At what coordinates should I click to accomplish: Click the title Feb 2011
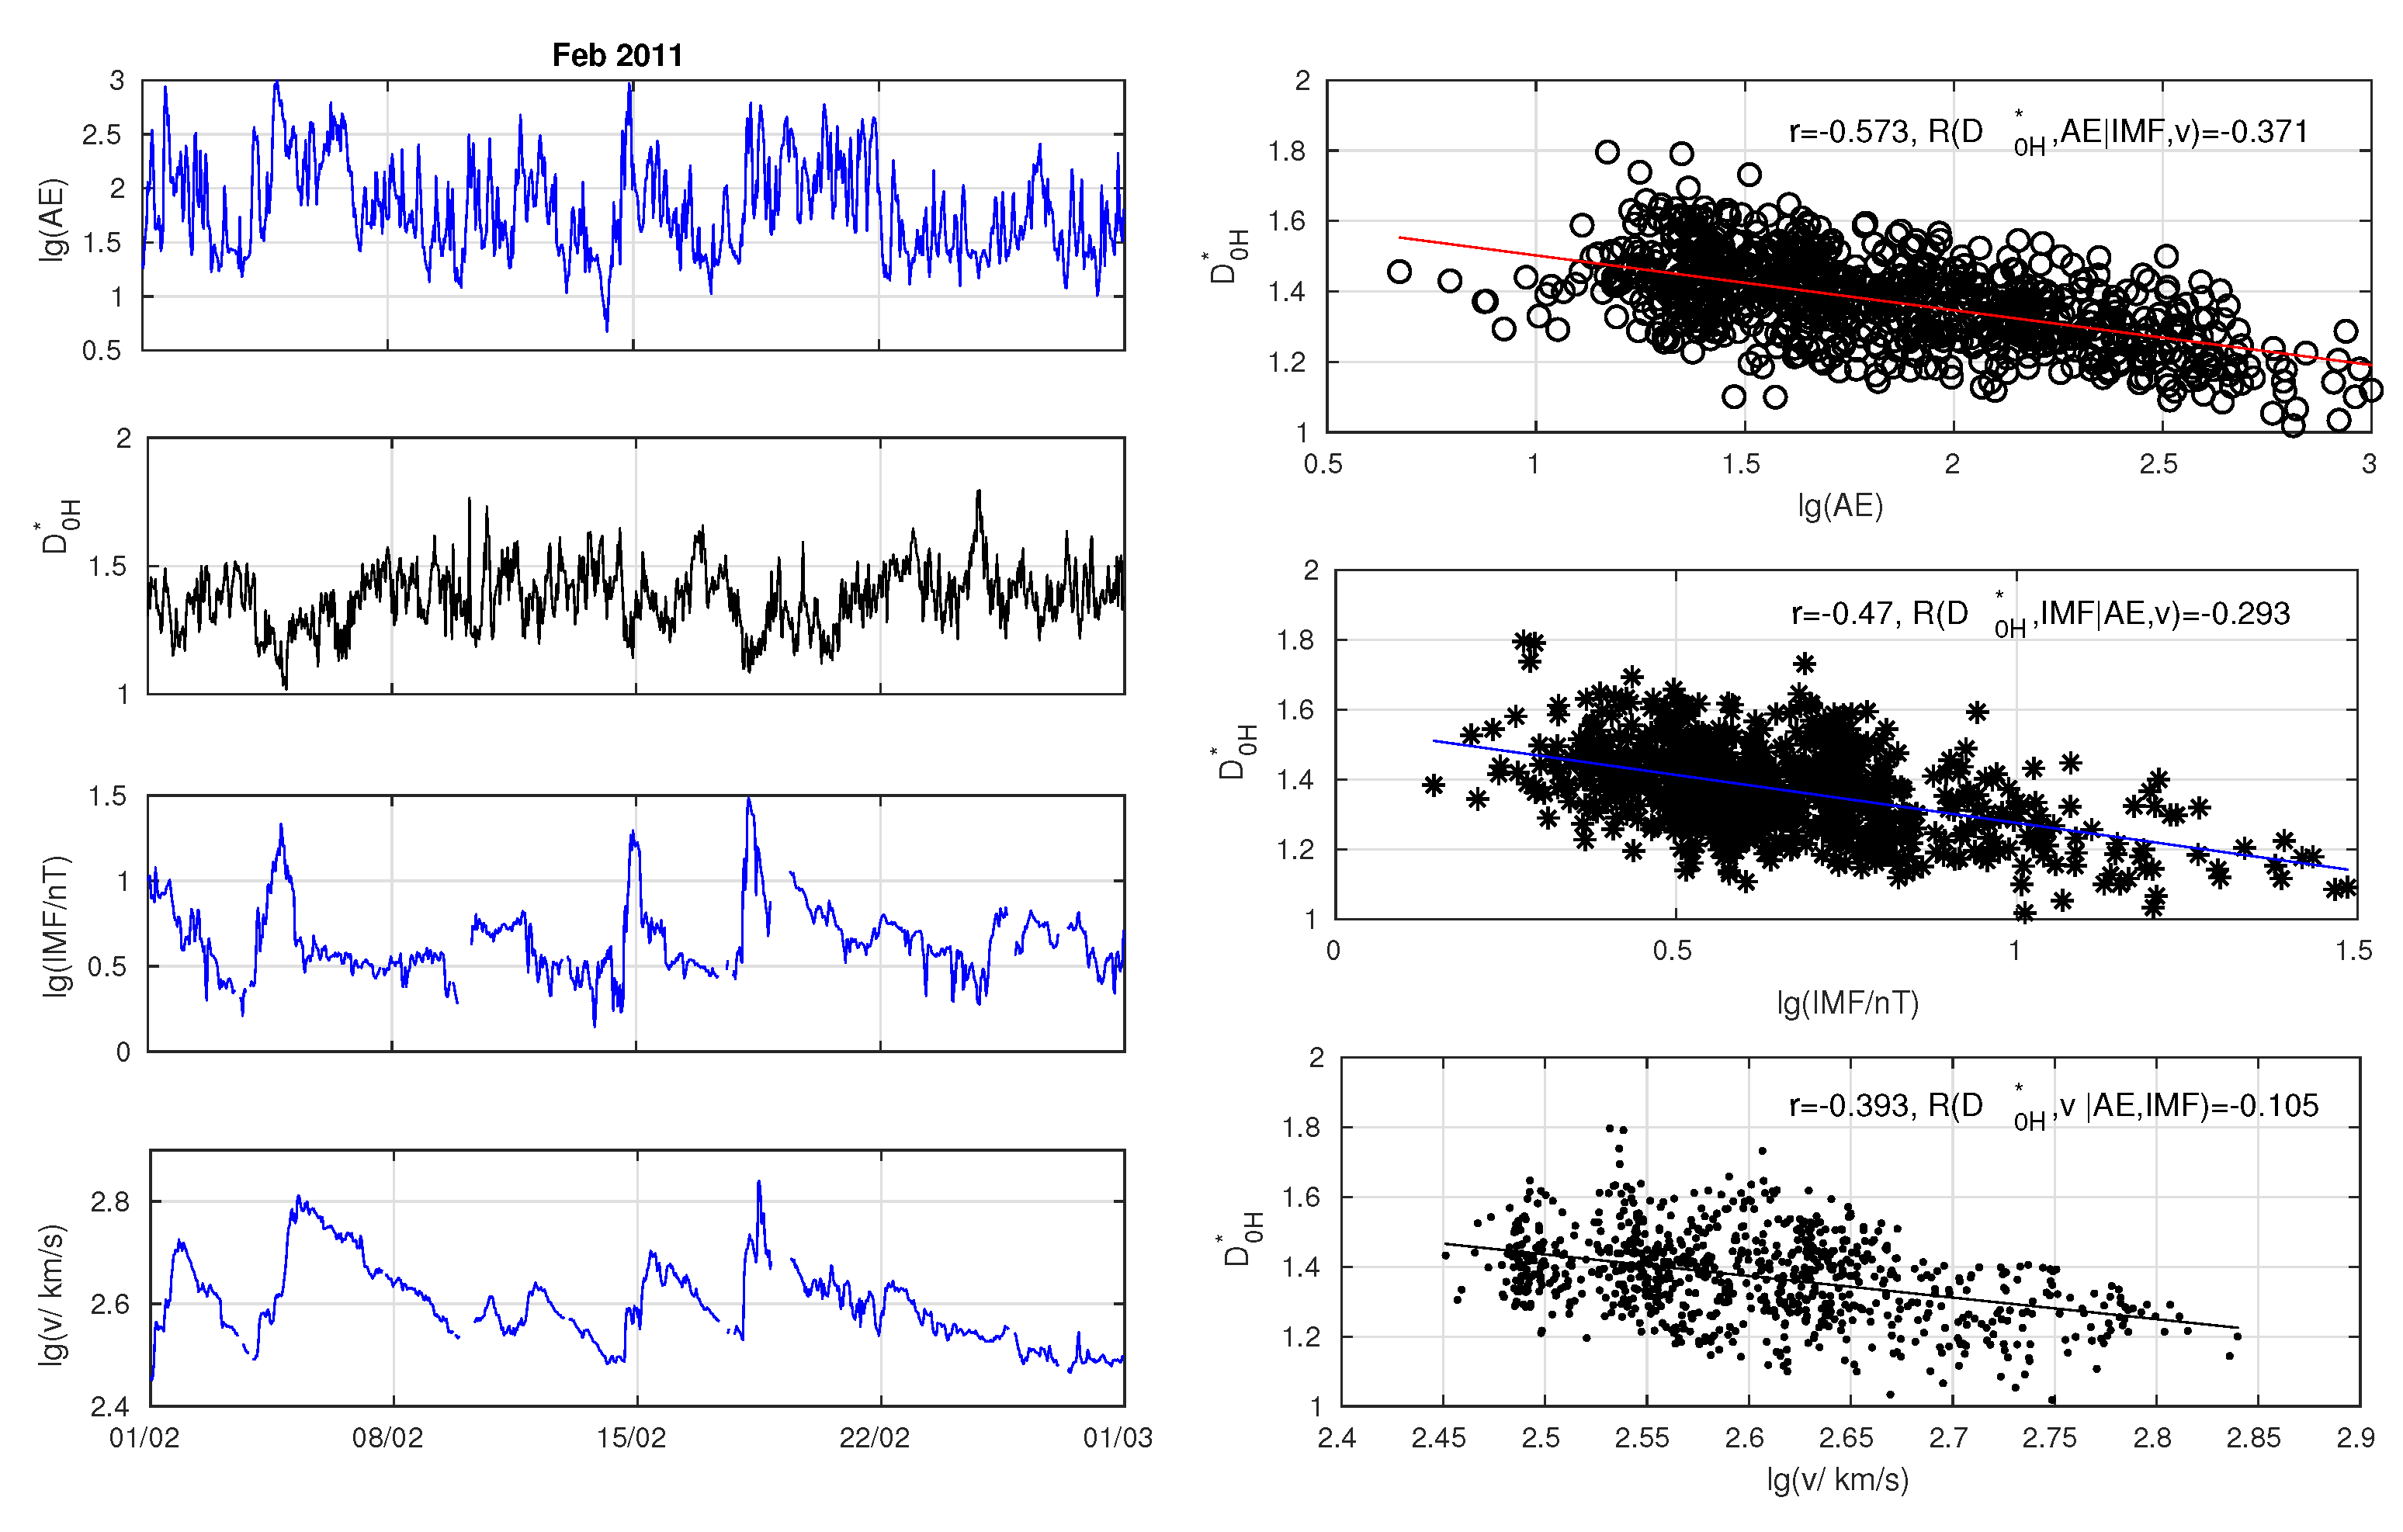tap(617, 55)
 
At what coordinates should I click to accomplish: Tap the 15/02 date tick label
tap(631, 1438)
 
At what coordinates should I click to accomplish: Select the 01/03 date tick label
tap(1118, 1438)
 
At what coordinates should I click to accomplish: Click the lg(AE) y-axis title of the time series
tap(52, 220)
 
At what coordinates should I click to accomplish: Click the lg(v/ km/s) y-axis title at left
tap(52, 1295)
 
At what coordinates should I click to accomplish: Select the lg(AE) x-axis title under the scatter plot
tap(1840, 506)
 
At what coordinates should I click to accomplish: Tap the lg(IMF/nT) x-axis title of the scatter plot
tap(1847, 1002)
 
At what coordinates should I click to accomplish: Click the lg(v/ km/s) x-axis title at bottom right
tap(1837, 1478)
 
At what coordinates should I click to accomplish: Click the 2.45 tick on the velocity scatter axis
tap(1438, 1438)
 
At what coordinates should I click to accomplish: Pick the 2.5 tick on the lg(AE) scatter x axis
tap(2158, 464)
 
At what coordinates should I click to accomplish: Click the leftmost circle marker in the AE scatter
tap(1399, 272)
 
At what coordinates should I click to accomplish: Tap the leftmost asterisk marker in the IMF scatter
tap(1434, 785)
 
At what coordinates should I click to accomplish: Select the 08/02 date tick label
tap(387, 1438)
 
